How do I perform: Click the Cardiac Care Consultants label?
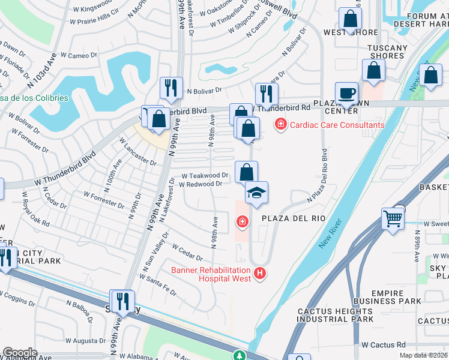pyautogui.click(x=337, y=125)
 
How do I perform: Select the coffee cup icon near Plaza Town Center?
pyautogui.click(x=346, y=94)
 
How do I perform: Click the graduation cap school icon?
pyautogui.click(x=256, y=193)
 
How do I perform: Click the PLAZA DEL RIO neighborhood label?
pyautogui.click(x=292, y=220)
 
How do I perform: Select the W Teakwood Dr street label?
pyautogui.click(x=205, y=175)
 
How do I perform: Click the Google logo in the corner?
pyautogui.click(x=20, y=352)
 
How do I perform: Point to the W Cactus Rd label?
pyautogui.click(x=384, y=345)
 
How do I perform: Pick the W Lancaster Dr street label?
pyautogui.click(x=139, y=154)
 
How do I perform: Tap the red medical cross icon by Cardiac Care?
pyautogui.click(x=280, y=125)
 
